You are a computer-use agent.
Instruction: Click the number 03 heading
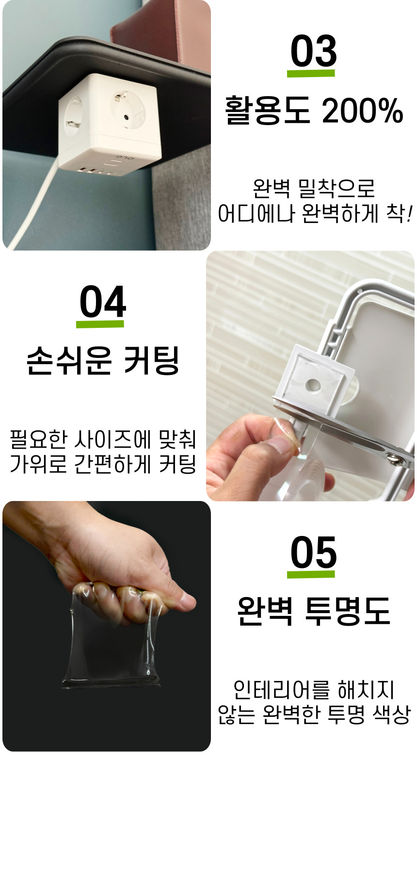(313, 51)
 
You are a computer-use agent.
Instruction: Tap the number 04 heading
(103, 302)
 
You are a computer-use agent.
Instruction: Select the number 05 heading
(313, 552)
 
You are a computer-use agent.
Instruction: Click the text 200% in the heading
(362, 111)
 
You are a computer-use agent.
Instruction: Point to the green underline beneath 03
(311, 73)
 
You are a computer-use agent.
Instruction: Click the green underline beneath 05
(311, 574)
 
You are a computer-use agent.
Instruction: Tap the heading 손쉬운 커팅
(103, 360)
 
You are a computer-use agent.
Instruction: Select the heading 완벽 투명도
(313, 611)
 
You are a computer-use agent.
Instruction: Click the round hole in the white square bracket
(314, 386)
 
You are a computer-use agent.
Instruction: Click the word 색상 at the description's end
(391, 714)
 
